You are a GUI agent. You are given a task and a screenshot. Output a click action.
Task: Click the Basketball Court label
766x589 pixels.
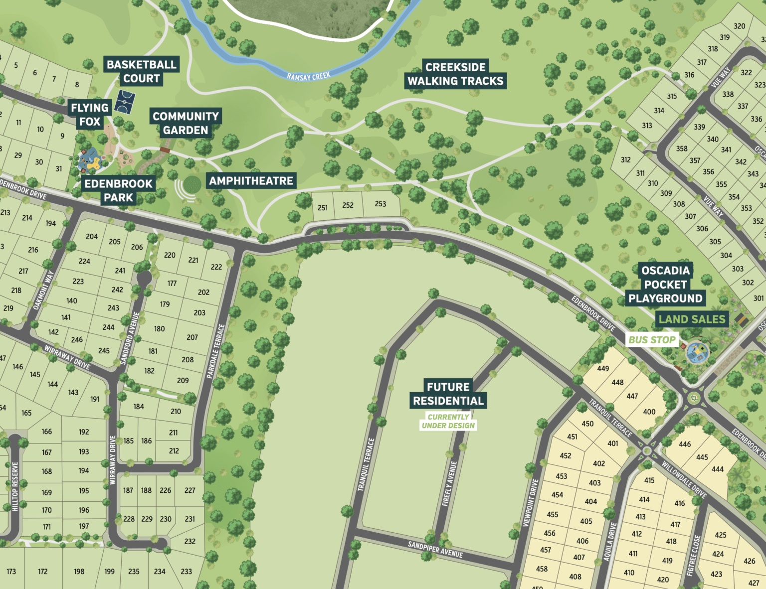click(x=142, y=71)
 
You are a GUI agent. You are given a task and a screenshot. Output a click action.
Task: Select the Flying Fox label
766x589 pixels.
click(x=90, y=115)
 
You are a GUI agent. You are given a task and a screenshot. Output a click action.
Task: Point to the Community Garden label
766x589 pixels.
click(x=186, y=123)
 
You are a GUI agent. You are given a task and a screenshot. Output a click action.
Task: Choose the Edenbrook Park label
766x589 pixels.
click(x=119, y=190)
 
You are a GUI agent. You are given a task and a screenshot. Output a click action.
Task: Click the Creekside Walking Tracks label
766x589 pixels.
click(x=455, y=74)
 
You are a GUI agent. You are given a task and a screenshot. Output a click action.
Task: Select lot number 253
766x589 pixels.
click(x=381, y=204)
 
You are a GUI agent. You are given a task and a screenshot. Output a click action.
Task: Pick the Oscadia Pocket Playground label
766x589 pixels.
click(x=665, y=284)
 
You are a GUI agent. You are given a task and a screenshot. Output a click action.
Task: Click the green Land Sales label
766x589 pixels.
click(x=692, y=319)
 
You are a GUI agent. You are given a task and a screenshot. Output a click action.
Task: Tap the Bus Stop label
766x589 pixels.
click(x=652, y=340)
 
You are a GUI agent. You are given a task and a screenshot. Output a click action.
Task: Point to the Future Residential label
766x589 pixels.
click(x=448, y=394)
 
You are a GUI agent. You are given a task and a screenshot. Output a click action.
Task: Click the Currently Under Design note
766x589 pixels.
click(x=448, y=421)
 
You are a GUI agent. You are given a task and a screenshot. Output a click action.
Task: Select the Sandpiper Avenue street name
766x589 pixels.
click(x=435, y=549)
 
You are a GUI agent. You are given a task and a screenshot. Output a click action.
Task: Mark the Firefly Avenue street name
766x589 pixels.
click(x=449, y=483)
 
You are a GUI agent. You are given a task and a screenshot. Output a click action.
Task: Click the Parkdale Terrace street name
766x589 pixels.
click(x=216, y=351)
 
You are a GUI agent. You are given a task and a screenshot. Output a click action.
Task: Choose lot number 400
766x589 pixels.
click(x=649, y=412)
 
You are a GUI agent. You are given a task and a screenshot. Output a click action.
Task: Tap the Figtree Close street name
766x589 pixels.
click(x=694, y=555)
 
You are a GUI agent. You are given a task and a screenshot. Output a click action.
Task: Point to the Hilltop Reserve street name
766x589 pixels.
click(x=15, y=486)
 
